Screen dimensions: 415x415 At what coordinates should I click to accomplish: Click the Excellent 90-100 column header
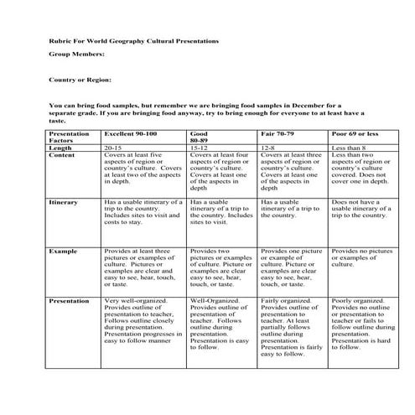click(x=130, y=133)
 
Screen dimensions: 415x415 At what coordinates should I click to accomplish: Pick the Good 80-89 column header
click(x=200, y=137)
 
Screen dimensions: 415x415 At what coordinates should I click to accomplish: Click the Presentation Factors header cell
click(x=70, y=137)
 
